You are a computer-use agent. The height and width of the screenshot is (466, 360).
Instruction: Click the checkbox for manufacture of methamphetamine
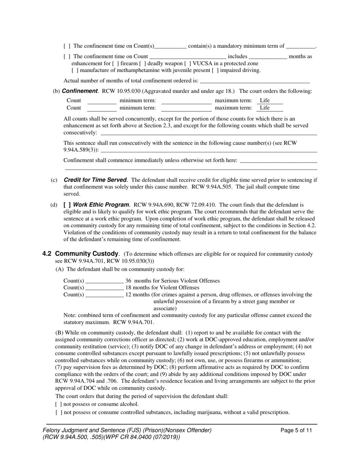[x=74, y=70]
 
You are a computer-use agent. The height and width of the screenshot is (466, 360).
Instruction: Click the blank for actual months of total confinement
[x=254, y=81]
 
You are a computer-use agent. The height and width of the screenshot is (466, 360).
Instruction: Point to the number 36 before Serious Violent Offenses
[x=128, y=281]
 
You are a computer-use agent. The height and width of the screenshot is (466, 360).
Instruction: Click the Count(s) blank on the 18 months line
[x=104, y=288]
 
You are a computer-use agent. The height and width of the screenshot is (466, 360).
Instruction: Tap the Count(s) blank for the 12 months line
[x=104, y=294]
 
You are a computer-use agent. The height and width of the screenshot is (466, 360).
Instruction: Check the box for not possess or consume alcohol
[x=58, y=404]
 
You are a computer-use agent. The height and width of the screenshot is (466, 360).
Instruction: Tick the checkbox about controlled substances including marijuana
[x=58, y=412]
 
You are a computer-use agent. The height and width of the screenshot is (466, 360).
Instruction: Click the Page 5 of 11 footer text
[x=296, y=430]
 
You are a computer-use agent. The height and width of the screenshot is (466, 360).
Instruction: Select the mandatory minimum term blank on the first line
[x=301, y=46]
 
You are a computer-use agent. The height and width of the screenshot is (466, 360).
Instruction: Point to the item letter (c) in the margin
[x=54, y=180]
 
